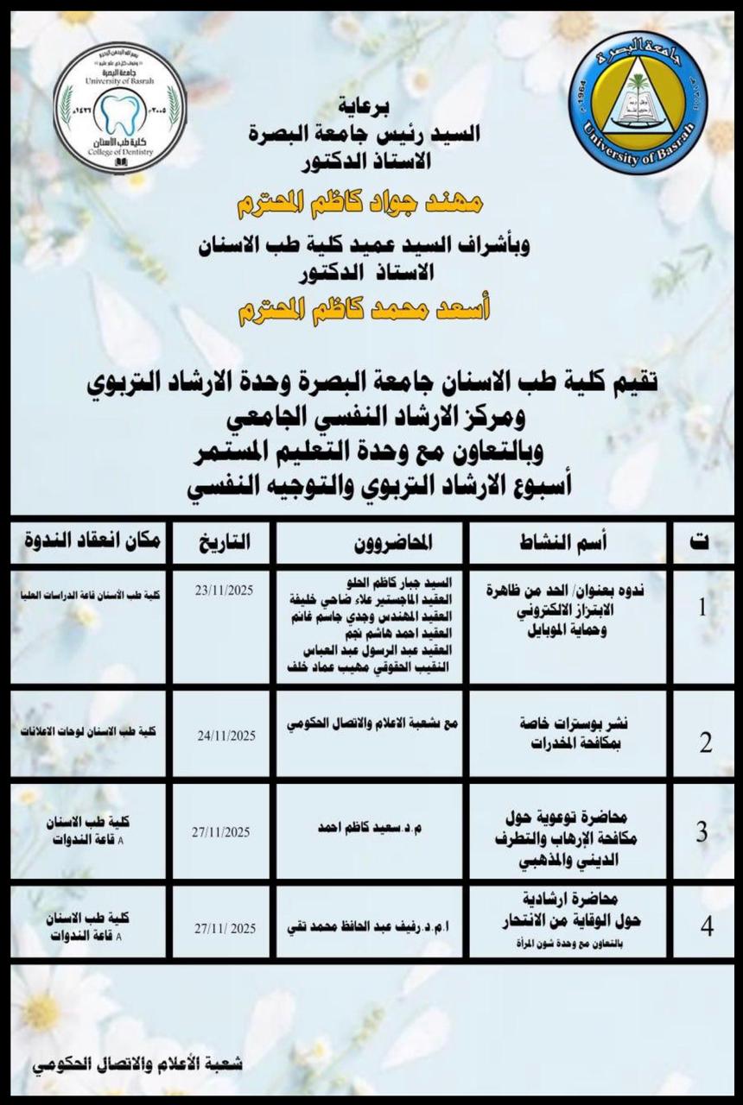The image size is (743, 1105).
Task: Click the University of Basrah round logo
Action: click(638, 103)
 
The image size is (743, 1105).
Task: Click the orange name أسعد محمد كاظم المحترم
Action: click(364, 309)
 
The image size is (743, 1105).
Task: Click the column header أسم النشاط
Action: click(567, 542)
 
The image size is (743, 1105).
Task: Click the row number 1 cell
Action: click(702, 608)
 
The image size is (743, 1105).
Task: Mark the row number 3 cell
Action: click(702, 832)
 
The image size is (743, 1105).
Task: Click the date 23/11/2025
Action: click(225, 592)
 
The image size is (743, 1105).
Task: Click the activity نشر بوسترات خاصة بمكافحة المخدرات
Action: click(574, 734)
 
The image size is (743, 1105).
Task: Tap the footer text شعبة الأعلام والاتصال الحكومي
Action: click(138, 1064)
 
